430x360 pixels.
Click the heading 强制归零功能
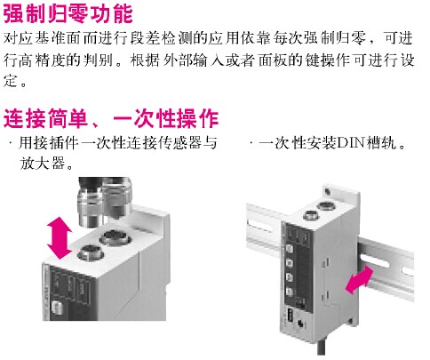pos(68,13)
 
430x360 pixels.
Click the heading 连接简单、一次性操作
pos(111,118)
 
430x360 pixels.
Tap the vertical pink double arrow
pos(60,237)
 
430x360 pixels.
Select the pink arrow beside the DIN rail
pos(360,280)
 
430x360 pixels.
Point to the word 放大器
pos(42,163)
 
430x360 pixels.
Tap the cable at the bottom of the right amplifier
pos(322,348)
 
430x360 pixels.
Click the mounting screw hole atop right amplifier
pos(328,191)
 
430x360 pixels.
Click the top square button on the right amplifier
pos(290,248)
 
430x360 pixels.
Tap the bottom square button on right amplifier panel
pos(290,292)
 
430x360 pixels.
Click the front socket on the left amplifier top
pos(89,253)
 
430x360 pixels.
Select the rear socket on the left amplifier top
pos(114,238)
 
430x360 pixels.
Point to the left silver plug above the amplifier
pos(89,207)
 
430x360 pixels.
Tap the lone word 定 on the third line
pos(11,81)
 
